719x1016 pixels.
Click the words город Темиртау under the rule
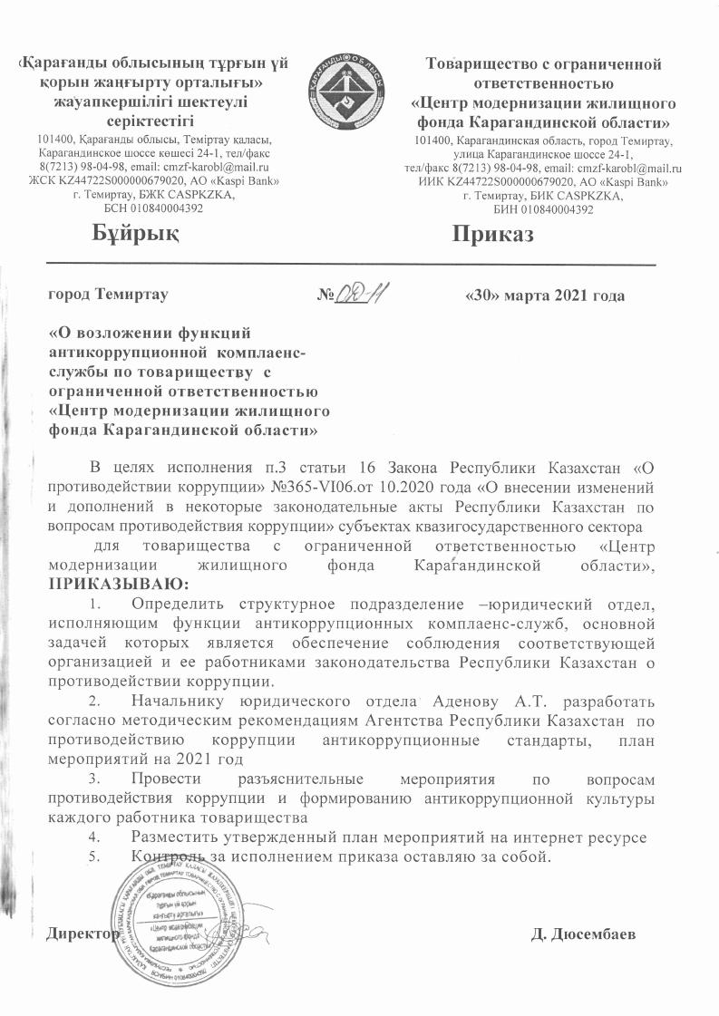(108, 295)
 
